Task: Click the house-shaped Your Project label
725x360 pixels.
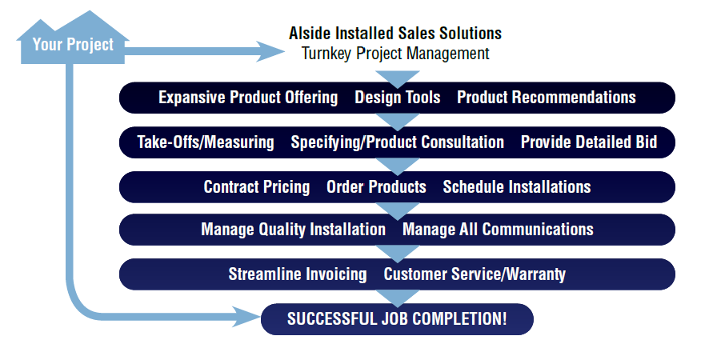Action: (73, 43)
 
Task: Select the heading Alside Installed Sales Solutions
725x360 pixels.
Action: (395, 34)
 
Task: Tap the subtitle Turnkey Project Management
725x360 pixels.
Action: (395, 54)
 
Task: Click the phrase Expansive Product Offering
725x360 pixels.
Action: (248, 98)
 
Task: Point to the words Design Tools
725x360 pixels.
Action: (397, 98)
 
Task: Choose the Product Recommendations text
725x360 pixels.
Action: (547, 98)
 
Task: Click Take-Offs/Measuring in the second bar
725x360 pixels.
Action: (206, 142)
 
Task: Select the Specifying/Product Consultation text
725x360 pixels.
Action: (397, 142)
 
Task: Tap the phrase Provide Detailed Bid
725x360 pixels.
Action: (589, 142)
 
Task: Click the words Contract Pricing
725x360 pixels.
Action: (257, 187)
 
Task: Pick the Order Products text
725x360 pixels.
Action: (376, 187)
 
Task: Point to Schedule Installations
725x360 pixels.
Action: (517, 187)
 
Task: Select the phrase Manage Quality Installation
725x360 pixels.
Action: (293, 230)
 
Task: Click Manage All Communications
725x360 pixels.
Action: (498, 230)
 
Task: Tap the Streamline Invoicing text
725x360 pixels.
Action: (298, 274)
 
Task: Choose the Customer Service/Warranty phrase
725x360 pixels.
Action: (475, 274)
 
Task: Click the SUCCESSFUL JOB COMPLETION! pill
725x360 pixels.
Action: (397, 318)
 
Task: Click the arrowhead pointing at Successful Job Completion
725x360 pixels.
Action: (249, 317)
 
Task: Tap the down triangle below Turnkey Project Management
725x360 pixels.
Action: (398, 77)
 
